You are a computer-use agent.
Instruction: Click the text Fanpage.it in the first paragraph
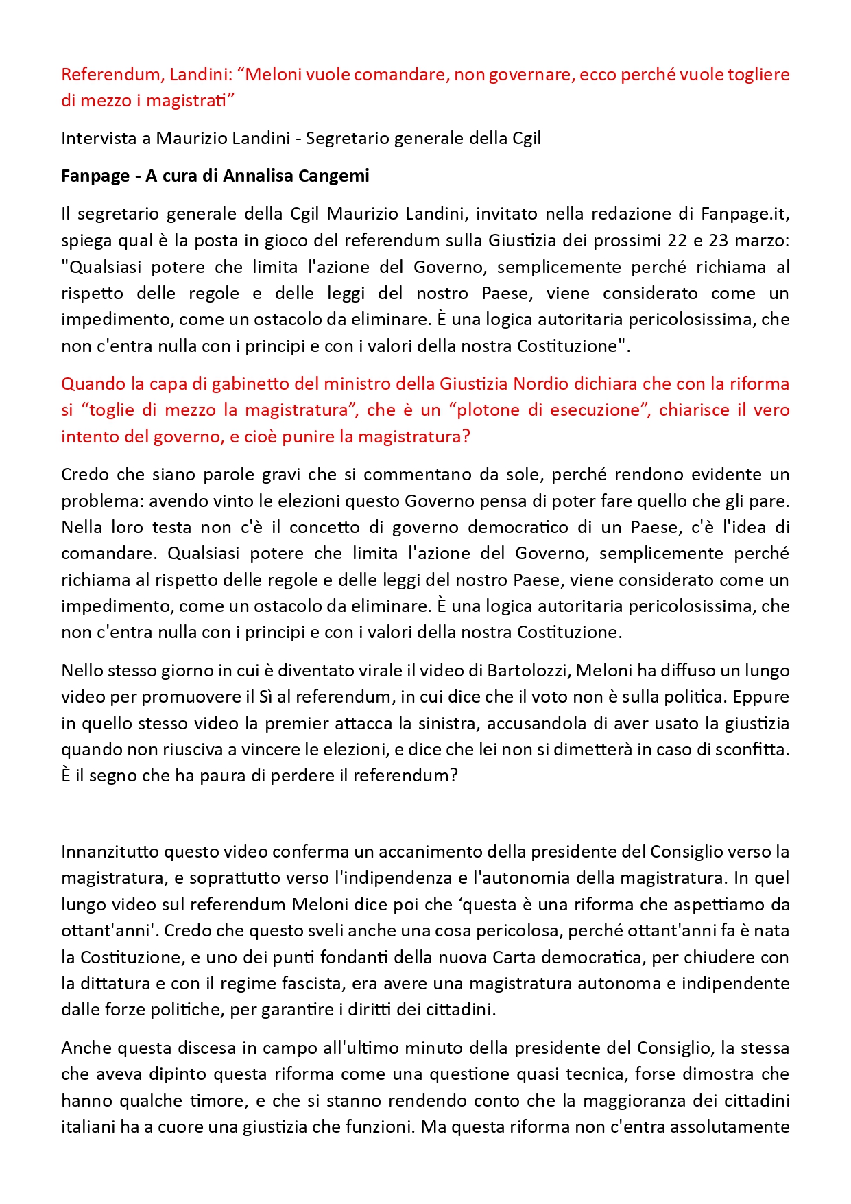(x=745, y=214)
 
